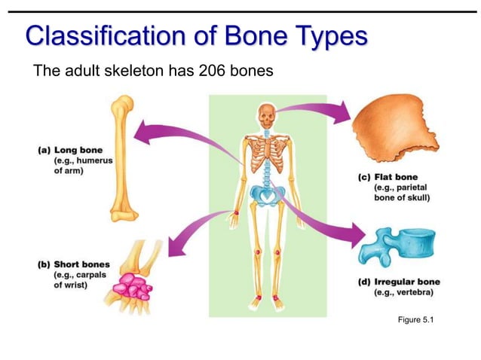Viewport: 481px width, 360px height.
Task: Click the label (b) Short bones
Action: coord(73,264)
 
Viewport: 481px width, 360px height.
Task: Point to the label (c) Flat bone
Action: coord(388,177)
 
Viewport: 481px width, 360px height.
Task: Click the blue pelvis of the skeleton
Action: coord(266,197)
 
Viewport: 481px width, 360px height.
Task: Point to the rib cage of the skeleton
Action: coord(266,158)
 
